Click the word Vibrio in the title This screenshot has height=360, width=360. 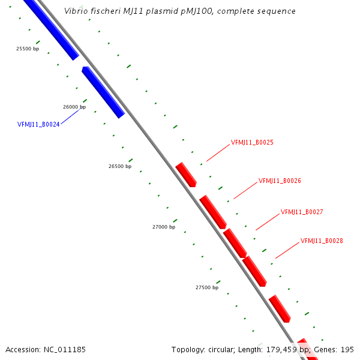76,11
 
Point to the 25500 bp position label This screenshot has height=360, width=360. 28,49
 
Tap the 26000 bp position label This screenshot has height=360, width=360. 74,107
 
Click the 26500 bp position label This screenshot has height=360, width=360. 120,166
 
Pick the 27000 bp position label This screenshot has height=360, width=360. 164,227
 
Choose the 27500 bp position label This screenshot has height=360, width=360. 207,287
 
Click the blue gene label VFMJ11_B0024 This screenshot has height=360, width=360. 38,125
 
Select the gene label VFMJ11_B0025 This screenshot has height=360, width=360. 252,143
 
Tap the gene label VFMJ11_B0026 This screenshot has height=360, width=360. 280,181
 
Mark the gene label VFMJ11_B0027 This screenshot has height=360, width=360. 302,212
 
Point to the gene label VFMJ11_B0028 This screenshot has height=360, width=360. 322,241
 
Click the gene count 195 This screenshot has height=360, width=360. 347,349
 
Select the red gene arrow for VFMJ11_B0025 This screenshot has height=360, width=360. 186,174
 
